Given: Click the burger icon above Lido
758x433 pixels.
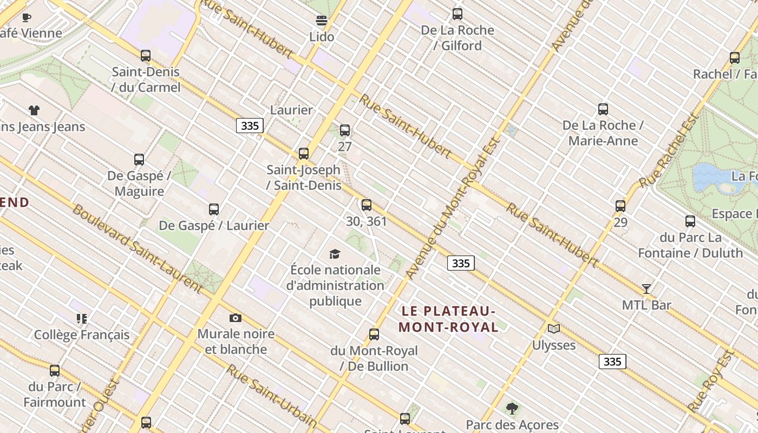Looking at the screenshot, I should click(322, 21).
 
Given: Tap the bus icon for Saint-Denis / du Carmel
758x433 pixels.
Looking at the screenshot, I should click(145, 55).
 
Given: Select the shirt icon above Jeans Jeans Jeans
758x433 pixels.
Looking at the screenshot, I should click(34, 110).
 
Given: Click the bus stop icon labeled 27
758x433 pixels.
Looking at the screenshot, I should click(345, 130).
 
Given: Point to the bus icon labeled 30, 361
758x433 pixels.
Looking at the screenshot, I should click(367, 205).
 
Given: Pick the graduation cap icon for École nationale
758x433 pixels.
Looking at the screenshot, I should click(335, 254).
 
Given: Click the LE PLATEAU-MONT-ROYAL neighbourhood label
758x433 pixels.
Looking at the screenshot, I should click(448, 319).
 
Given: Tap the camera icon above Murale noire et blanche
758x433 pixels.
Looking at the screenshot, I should click(235, 318).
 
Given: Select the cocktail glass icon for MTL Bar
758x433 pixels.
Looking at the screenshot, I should click(646, 288).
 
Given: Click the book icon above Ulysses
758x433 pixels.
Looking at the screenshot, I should click(553, 329).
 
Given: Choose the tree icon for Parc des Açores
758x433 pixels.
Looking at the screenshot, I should click(512, 408).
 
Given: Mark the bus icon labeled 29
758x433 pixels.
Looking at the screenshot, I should click(620, 206).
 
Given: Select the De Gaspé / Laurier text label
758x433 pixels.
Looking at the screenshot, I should click(214, 226).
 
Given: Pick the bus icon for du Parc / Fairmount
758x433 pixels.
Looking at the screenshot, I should click(55, 371).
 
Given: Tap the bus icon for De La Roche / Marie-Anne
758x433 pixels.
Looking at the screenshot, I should click(603, 109).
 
